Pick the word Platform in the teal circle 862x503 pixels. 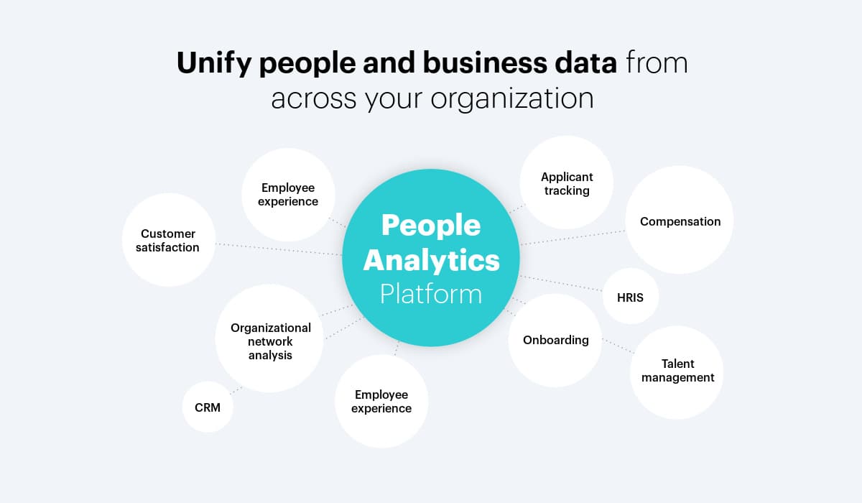[x=431, y=294]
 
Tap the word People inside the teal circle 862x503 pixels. [x=431, y=226]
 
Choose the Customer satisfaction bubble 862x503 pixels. [x=168, y=240]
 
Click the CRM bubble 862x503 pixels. [x=208, y=407]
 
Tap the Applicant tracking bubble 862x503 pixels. [x=567, y=183]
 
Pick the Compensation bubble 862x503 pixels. [x=680, y=221]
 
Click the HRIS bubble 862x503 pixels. [x=630, y=296]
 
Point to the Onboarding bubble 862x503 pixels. [x=555, y=340]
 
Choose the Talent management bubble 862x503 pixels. [x=677, y=372]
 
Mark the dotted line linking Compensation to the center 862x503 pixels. [x=573, y=238]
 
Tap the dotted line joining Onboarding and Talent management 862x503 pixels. [x=618, y=346]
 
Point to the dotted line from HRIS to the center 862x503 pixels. [x=560, y=283]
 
